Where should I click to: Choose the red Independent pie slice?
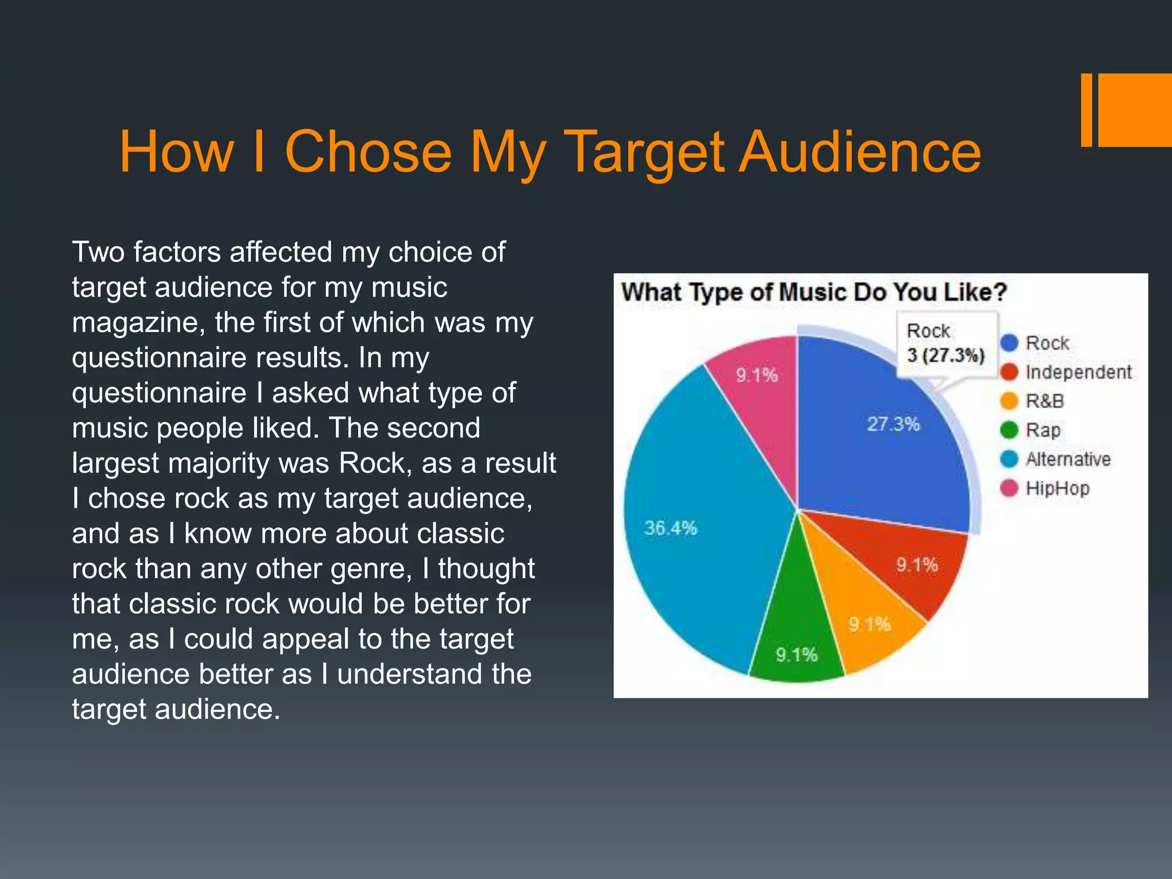click(910, 561)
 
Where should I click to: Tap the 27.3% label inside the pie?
click(893, 424)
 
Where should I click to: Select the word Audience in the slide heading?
click(860, 152)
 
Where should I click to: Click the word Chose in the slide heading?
click(368, 152)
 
